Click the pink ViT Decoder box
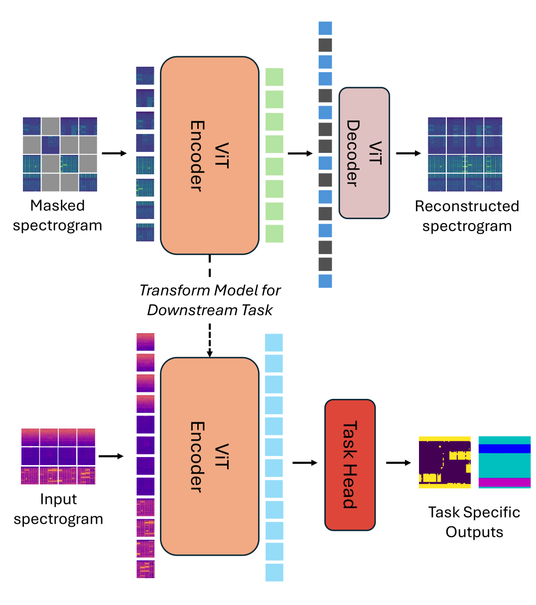pyautogui.click(x=364, y=153)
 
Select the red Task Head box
pyautogui.click(x=350, y=465)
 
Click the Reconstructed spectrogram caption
pyautogui.click(x=467, y=216)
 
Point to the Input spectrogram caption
pyautogui.click(x=58, y=508)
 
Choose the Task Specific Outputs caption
pyautogui.click(x=474, y=522)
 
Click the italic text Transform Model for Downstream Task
pyautogui.click(x=210, y=300)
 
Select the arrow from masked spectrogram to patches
pyautogui.click(x=114, y=153)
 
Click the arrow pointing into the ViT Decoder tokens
pyautogui.click(x=300, y=153)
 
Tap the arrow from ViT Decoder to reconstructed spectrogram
pyautogui.click(x=408, y=153)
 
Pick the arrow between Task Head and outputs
pyautogui.click(x=398, y=463)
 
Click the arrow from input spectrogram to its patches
pyautogui.click(x=111, y=456)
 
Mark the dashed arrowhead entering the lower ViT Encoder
pyautogui.click(x=210, y=353)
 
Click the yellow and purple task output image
pyautogui.click(x=445, y=462)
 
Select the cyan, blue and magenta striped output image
pyautogui.click(x=504, y=462)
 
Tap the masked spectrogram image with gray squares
pyautogui.click(x=60, y=154)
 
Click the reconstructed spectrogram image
pyautogui.click(x=465, y=154)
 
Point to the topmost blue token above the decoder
pyautogui.click(x=325, y=28)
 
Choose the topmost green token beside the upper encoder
pyautogui.click(x=274, y=77)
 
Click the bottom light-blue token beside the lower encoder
pyautogui.click(x=274, y=572)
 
